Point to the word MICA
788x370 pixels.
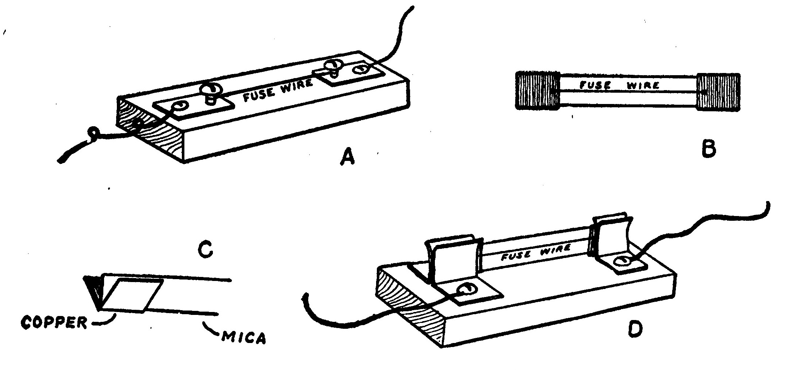[x=244, y=338]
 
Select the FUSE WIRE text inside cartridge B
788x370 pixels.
[x=620, y=86]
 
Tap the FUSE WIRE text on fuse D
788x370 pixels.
[x=535, y=252]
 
